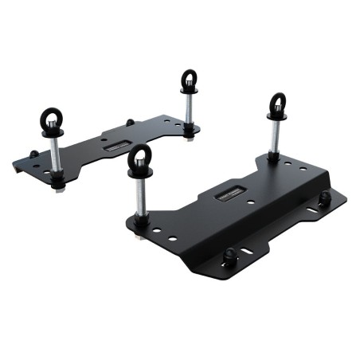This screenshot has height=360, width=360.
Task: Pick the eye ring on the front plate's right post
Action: pyautogui.click(x=276, y=104)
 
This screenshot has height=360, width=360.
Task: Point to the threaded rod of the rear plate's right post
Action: pyautogui.click(x=190, y=108)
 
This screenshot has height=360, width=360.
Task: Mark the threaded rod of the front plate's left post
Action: pyautogui.click(x=139, y=199)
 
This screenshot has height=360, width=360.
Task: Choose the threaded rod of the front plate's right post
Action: pyautogui.click(x=274, y=135)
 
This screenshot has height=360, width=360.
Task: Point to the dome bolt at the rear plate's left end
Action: pyautogui.click(x=32, y=155)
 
